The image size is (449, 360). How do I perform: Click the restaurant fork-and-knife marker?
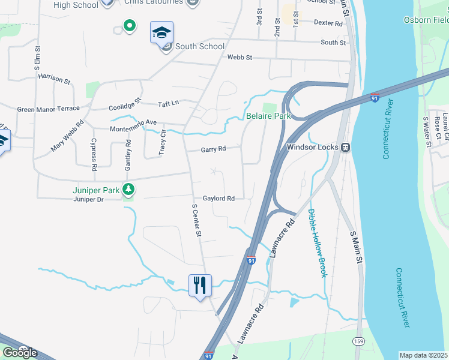(x=200, y=284)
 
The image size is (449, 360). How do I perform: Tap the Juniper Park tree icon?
(x=128, y=190)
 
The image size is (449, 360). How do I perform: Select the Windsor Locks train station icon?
(x=345, y=147)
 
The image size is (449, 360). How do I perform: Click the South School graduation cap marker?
(x=161, y=32)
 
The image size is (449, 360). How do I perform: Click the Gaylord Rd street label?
(x=218, y=199)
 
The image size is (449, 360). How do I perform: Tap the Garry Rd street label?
(x=213, y=149)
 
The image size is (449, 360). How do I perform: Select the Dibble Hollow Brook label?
(x=317, y=243)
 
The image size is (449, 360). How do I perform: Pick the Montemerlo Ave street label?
(x=133, y=126)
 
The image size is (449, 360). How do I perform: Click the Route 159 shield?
(x=358, y=341)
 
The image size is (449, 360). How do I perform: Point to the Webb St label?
(x=240, y=58)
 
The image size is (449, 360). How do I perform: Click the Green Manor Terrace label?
(x=48, y=109)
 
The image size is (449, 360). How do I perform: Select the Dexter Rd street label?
(x=328, y=23)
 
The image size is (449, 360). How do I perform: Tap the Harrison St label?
(x=54, y=79)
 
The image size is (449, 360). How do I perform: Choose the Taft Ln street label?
(x=168, y=103)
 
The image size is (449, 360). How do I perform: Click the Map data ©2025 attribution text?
(x=424, y=355)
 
